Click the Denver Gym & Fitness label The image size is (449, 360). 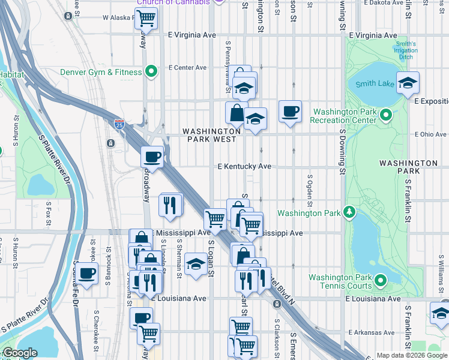[x=101, y=73]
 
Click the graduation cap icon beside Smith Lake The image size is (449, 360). [x=408, y=83]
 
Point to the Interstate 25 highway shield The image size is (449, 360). [x=119, y=124]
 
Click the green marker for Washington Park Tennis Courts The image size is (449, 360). [x=379, y=280]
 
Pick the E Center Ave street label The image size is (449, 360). [x=187, y=68]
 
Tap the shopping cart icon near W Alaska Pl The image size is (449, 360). [x=145, y=18]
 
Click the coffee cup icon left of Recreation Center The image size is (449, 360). [x=290, y=111]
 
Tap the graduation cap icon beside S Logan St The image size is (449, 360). [x=196, y=264]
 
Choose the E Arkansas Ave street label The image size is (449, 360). [x=373, y=332]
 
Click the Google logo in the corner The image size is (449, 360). [x=20, y=353]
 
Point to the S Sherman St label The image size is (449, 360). [x=179, y=260]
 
